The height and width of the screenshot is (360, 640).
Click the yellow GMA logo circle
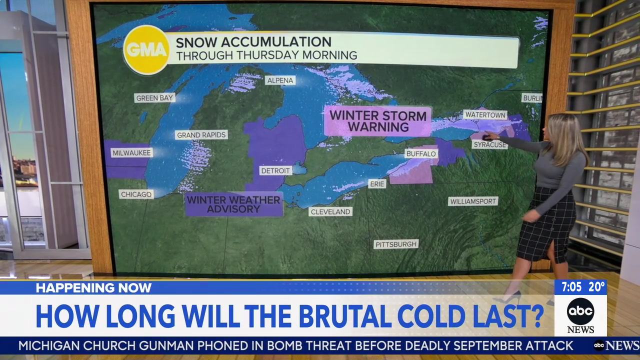(146, 49)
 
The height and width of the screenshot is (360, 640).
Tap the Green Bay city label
(154, 97)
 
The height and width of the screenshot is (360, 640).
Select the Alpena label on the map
(280, 80)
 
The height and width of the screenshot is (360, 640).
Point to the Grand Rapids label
(201, 134)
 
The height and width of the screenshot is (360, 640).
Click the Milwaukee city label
(131, 152)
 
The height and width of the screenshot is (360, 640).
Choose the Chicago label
(136, 194)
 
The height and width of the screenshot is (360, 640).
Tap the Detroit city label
(275, 170)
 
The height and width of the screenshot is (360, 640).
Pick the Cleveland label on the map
(330, 211)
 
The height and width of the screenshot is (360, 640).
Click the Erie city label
(377, 184)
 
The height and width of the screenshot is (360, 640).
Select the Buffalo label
(421, 153)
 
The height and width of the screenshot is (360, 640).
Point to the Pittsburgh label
(396, 244)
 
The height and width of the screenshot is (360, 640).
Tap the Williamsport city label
(472, 201)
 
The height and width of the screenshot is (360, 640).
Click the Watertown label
(485, 114)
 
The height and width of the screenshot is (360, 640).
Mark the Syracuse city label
(489, 144)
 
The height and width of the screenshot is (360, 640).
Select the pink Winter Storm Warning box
(377, 121)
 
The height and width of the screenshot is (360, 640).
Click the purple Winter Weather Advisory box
(233, 204)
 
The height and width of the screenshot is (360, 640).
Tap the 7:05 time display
(571, 287)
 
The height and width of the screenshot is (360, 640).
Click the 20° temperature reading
(596, 287)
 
